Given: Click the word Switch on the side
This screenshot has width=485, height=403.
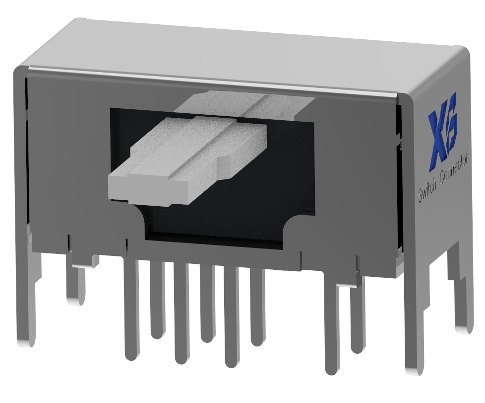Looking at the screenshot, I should tap(428, 190).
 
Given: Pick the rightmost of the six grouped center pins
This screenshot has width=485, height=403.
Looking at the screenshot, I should tap(257, 308).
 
